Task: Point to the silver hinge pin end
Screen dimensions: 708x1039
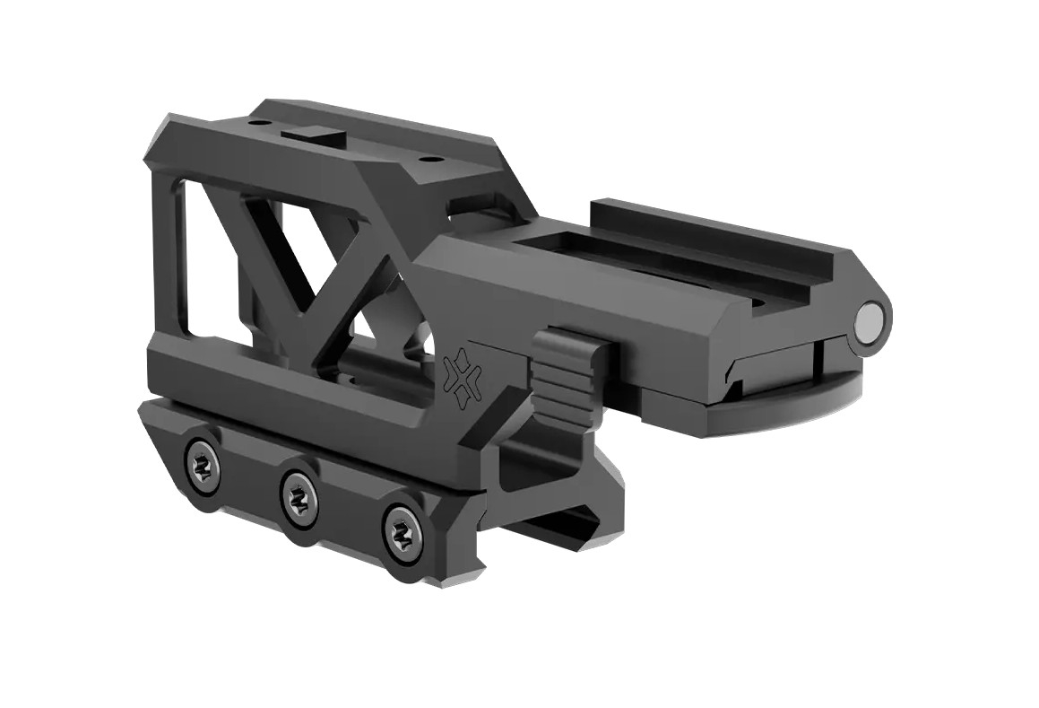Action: tap(872, 320)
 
